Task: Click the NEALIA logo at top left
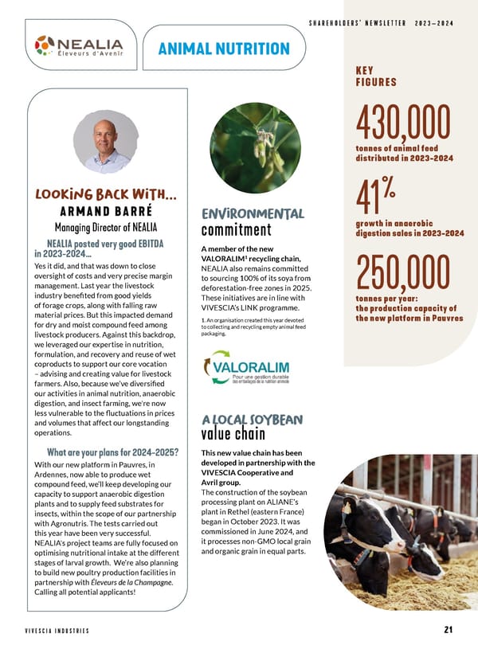79,49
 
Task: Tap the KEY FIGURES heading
375,76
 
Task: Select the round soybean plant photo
255,147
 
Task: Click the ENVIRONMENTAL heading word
253,213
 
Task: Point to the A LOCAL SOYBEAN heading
252,419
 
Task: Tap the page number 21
448,630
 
